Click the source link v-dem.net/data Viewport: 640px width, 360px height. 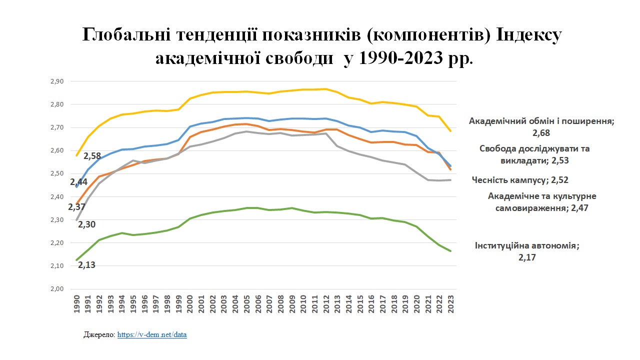pyautogui.click(x=152, y=334)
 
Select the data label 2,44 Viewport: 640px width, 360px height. pyautogui.click(x=78, y=182)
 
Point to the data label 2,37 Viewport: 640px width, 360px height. pyautogui.click(x=77, y=207)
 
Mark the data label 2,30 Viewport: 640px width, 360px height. pyautogui.click(x=87, y=224)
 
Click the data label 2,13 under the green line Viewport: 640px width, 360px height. pyautogui.click(x=86, y=265)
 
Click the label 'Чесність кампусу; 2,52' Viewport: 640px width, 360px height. pyautogui.click(x=520, y=180)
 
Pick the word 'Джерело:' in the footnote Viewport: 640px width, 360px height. pyautogui.click(x=99, y=334)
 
